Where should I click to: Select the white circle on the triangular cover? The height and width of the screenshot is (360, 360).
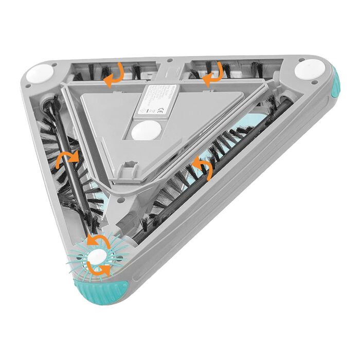[x=146, y=131]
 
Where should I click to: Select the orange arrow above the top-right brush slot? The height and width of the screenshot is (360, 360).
[x=212, y=74]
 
